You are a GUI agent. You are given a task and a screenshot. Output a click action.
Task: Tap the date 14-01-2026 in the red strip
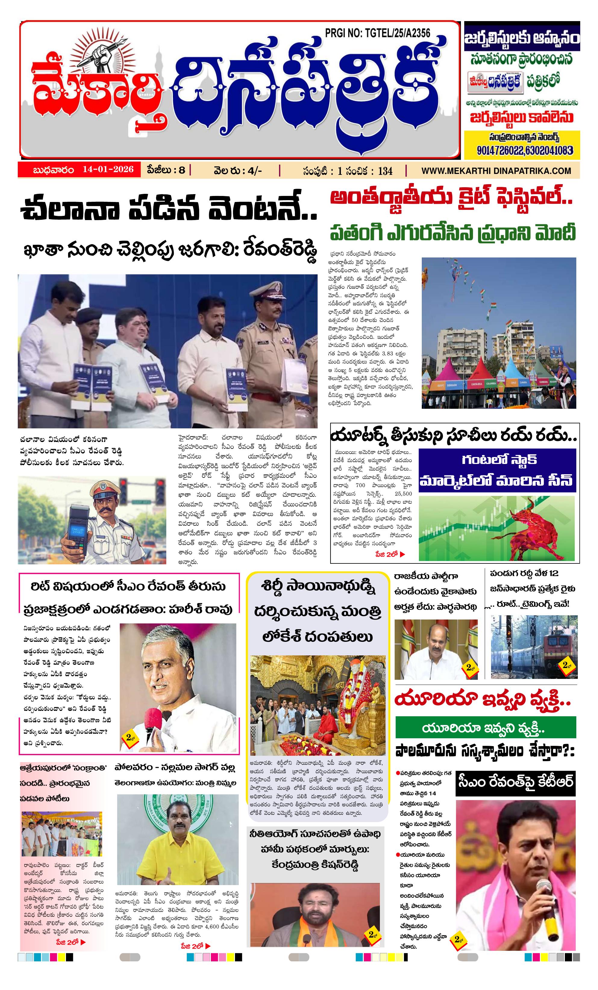coord(108,169)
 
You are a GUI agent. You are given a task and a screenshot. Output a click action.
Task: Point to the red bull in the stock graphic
coord(529,527)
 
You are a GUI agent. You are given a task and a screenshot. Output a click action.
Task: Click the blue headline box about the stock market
coord(497,471)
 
